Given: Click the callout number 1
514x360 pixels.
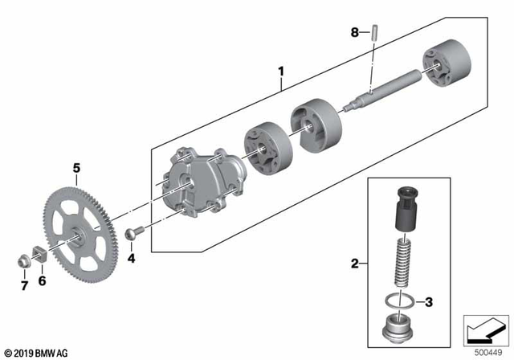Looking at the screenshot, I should tap(281, 72).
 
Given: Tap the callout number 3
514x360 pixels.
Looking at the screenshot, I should tap(429, 302).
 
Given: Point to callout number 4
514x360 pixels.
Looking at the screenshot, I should tap(131, 259).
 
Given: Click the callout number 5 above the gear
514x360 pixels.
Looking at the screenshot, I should tap(77, 168).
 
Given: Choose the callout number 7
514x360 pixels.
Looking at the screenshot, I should tap(23, 284).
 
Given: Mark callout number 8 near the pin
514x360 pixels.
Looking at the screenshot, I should tap(354, 33).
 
